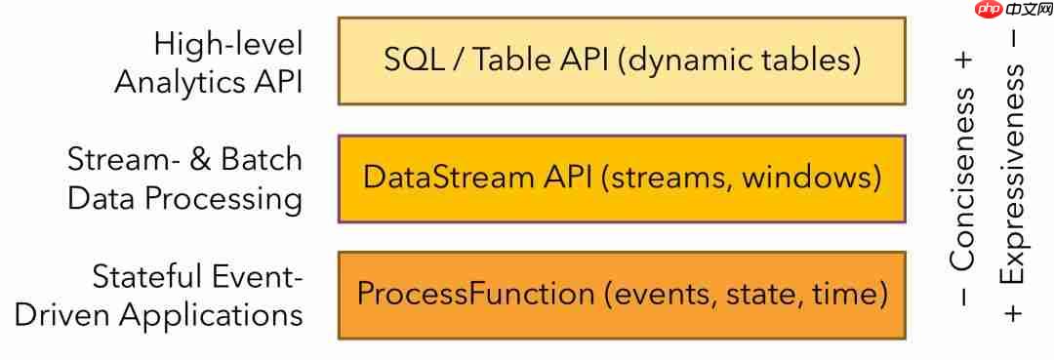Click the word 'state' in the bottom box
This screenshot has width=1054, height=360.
coord(757,296)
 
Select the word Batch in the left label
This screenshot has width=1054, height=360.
coord(259,161)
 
